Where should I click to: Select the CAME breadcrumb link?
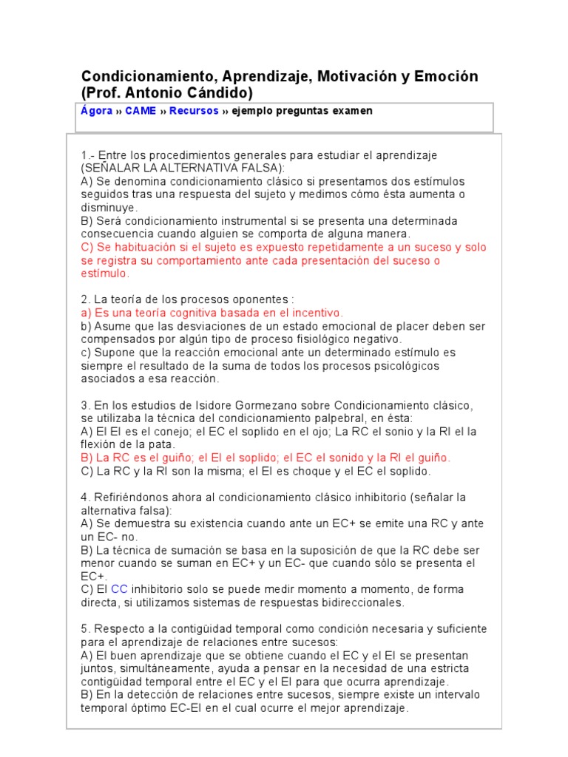pos(141,111)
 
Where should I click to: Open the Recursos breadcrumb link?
pos(194,111)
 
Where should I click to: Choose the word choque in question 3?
pos(296,471)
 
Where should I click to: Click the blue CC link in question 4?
pos(119,589)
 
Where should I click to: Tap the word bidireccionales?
pos(354,602)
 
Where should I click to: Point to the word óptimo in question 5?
pos(147,707)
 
